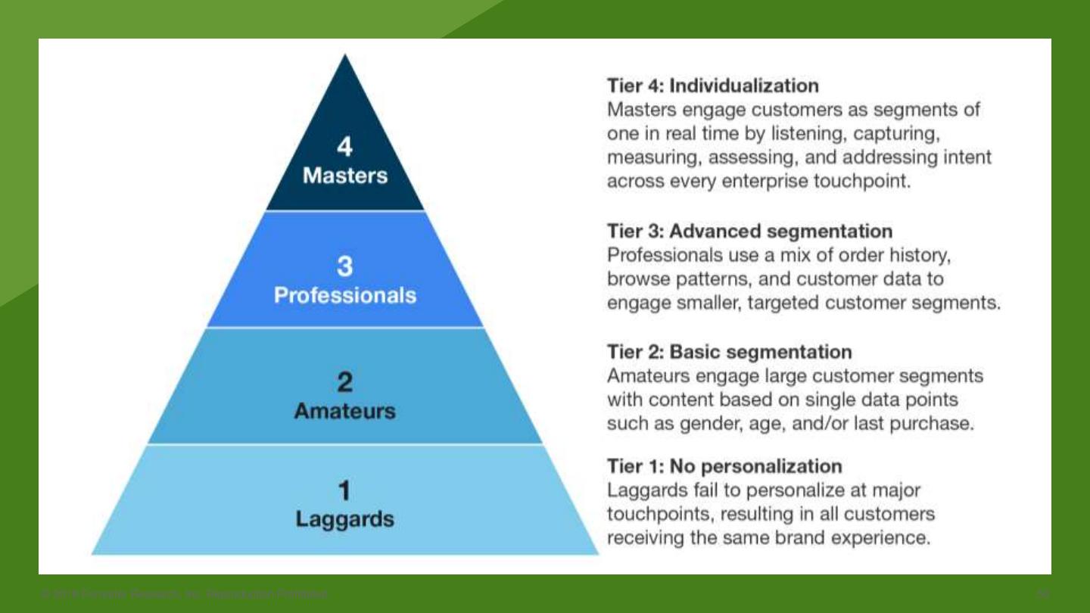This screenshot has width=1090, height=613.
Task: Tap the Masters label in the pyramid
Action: (x=344, y=176)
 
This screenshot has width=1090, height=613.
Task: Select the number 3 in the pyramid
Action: (x=344, y=266)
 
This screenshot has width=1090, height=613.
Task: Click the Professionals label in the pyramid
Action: (x=344, y=294)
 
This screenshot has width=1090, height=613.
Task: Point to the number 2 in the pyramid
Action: (x=344, y=382)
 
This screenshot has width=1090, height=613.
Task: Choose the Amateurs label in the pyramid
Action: (x=344, y=411)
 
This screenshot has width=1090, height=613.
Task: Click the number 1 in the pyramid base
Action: (x=344, y=491)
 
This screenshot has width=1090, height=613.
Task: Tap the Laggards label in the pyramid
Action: (x=344, y=519)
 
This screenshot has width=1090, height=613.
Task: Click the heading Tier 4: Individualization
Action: (x=712, y=86)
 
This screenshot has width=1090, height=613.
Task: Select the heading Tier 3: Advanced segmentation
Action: (x=749, y=230)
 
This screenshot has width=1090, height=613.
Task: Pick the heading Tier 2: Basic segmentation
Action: (x=729, y=352)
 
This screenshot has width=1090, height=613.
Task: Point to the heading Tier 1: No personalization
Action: (x=724, y=465)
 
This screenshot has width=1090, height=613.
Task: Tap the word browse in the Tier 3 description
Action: (x=638, y=278)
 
